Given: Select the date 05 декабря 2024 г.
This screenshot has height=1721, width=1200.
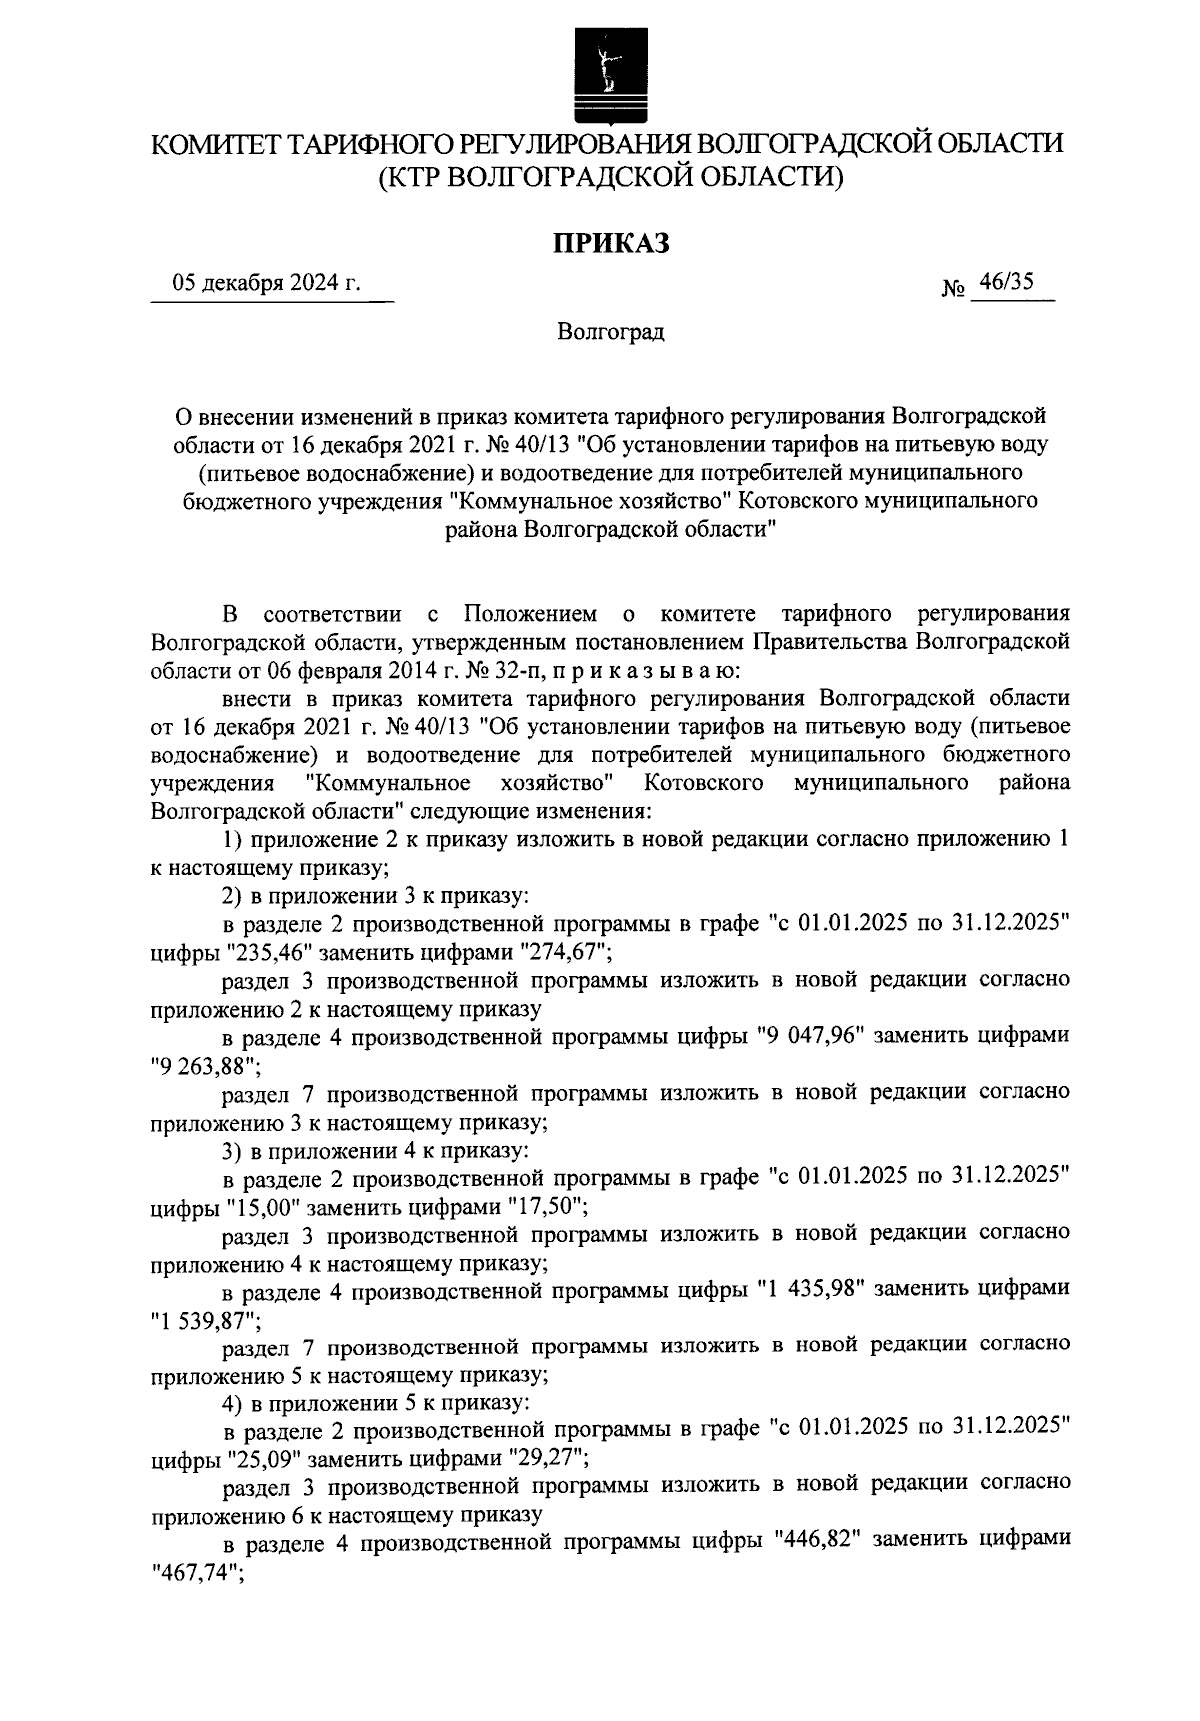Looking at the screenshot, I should (x=267, y=284).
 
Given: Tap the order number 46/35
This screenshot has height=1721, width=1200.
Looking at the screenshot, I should (x=1006, y=284).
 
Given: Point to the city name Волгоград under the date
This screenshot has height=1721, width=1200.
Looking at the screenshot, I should (x=611, y=332).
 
